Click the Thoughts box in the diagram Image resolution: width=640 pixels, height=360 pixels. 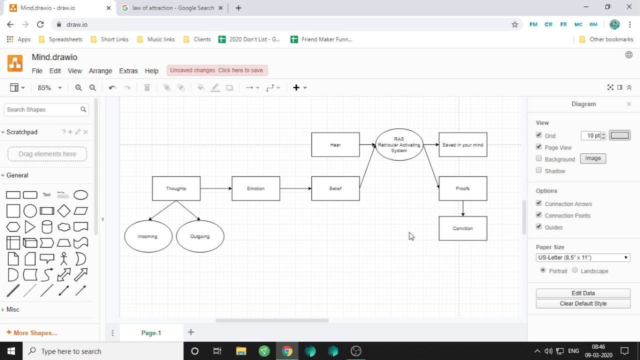pyautogui.click(x=176, y=188)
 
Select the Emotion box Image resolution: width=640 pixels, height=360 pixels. pyautogui.click(x=255, y=188)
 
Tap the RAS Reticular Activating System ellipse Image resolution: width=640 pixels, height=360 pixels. pyautogui.click(x=399, y=144)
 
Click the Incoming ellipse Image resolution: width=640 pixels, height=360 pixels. pyautogui.click(x=148, y=236)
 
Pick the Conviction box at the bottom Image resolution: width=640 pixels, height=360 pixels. pyautogui.click(x=463, y=228)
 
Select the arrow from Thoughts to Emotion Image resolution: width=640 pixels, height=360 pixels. pyautogui.click(x=216, y=188)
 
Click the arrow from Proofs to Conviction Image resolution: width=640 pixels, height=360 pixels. pyautogui.click(x=463, y=208)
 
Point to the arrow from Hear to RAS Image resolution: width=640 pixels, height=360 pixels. pyautogui.click(x=367, y=145)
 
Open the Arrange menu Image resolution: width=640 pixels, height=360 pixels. pyautogui.click(x=100, y=71)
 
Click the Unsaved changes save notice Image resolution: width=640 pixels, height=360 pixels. pyautogui.click(x=217, y=70)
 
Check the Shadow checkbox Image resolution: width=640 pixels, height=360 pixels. pyautogui.click(x=538, y=170)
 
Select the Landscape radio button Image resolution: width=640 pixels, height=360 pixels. pyautogui.click(x=574, y=270)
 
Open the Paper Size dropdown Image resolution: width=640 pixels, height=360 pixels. pyautogui.click(x=583, y=257)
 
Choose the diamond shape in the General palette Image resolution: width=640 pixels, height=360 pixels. pyautogui.click(x=63, y=211)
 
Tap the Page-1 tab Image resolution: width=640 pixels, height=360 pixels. pyautogui.click(x=151, y=333)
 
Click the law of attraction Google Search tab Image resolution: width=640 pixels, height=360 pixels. pyautogui.click(x=172, y=8)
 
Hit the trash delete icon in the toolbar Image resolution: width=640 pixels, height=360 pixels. pyautogui.click(x=147, y=87)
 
